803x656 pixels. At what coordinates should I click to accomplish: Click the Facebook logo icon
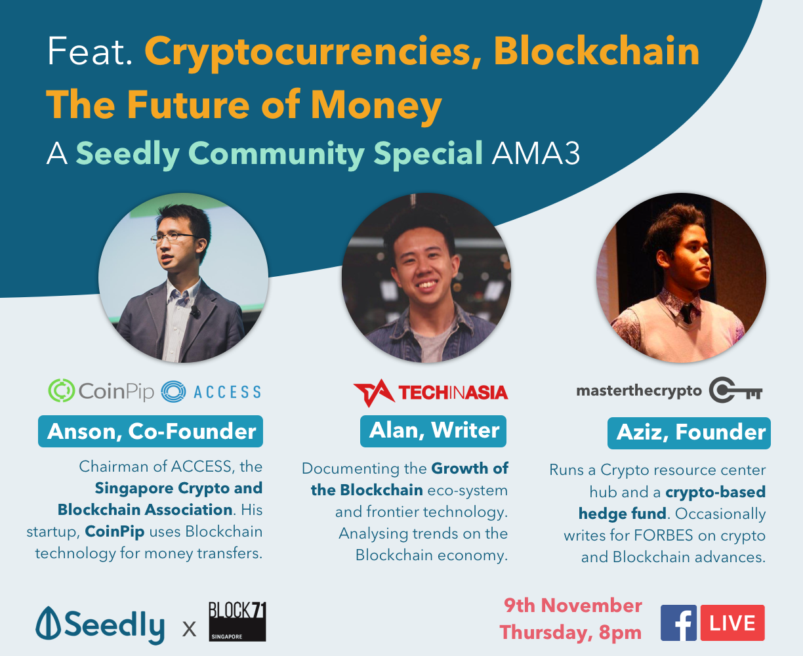click(678, 623)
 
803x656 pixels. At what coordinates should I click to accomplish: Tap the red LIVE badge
click(733, 623)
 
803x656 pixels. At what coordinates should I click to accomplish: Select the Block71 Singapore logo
click(237, 622)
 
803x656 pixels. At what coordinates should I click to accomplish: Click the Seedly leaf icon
click(48, 623)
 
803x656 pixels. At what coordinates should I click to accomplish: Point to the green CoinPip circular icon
click(61, 390)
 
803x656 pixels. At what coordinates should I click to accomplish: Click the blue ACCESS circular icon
click(173, 392)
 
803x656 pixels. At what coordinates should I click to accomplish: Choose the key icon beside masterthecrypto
click(735, 390)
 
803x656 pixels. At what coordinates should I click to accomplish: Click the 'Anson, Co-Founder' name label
click(150, 432)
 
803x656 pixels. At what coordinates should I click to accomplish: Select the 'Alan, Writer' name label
click(433, 431)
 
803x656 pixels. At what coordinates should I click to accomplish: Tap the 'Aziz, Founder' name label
click(689, 433)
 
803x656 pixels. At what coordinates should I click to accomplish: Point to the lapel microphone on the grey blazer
click(195, 312)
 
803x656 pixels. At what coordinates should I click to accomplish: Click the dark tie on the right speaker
click(686, 313)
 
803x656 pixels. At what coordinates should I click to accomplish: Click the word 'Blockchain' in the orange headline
click(596, 51)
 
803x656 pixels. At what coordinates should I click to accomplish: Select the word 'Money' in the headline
click(377, 105)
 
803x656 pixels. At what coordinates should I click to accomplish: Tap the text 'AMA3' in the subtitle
click(536, 153)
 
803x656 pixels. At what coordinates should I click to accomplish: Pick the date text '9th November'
click(573, 605)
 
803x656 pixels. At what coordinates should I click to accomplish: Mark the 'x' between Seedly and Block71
click(189, 628)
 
